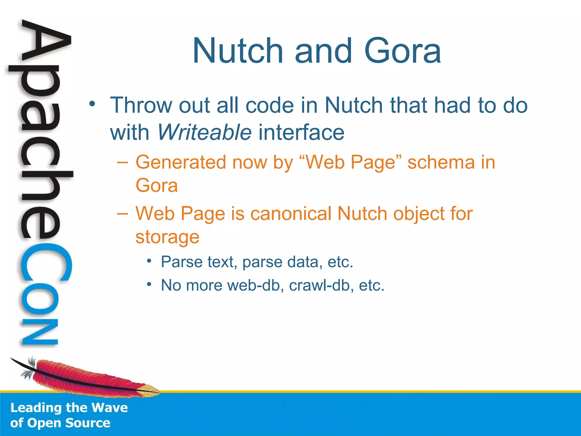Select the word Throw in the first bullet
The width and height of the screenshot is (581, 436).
(141, 105)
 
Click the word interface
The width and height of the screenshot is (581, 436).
(301, 132)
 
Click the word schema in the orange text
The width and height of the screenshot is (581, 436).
(441, 162)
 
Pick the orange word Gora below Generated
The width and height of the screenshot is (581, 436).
(157, 186)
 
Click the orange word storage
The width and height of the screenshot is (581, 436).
(167, 237)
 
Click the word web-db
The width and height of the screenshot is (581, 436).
(254, 285)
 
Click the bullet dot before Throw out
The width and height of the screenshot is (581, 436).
(91, 104)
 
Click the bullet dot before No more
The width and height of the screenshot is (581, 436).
(149, 284)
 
